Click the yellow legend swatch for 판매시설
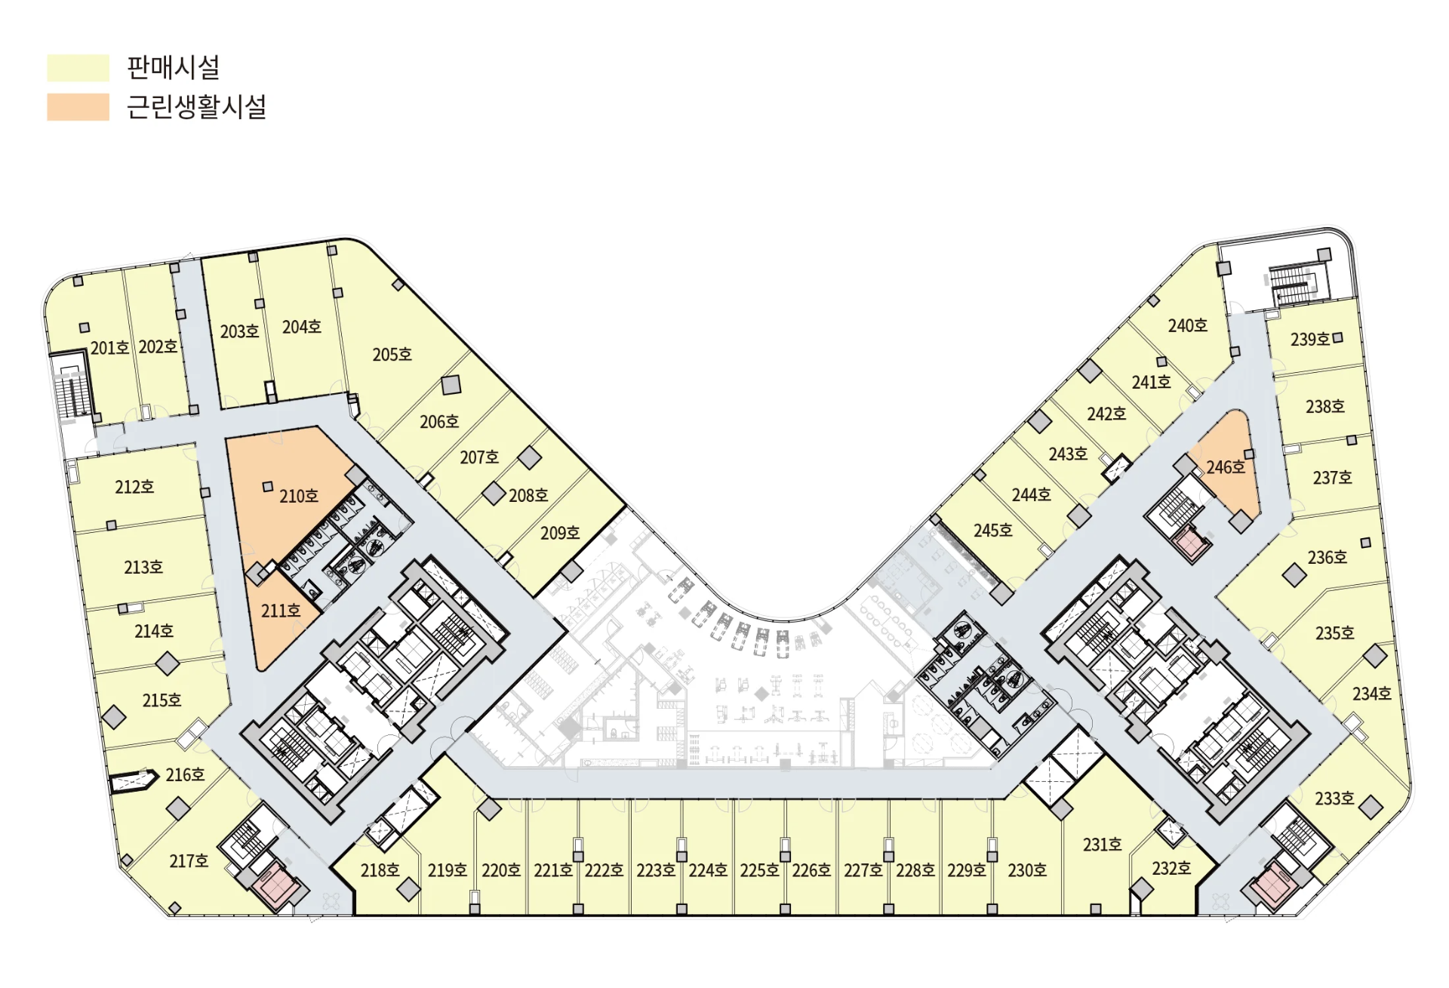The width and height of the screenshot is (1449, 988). [78, 67]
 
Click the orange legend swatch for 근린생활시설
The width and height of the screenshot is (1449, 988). [78, 106]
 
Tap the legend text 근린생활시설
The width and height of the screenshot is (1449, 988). [196, 106]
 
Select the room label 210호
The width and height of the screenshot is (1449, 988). [299, 496]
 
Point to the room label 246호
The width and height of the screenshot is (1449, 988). [1226, 467]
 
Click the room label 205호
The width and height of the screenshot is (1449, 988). [392, 354]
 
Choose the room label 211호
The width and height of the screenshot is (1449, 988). [281, 611]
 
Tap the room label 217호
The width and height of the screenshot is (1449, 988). [189, 860]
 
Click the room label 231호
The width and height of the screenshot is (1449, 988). [1102, 845]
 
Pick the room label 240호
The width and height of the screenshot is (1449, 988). [1188, 325]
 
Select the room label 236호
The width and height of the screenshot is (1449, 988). [1327, 557]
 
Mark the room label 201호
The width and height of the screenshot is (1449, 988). [109, 348]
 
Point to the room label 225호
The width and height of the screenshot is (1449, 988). [759, 870]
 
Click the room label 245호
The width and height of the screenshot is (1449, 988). [993, 530]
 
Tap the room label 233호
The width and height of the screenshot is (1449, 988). [1335, 798]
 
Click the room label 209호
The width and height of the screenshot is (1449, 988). [560, 533]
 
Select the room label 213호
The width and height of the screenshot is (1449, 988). [143, 567]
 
